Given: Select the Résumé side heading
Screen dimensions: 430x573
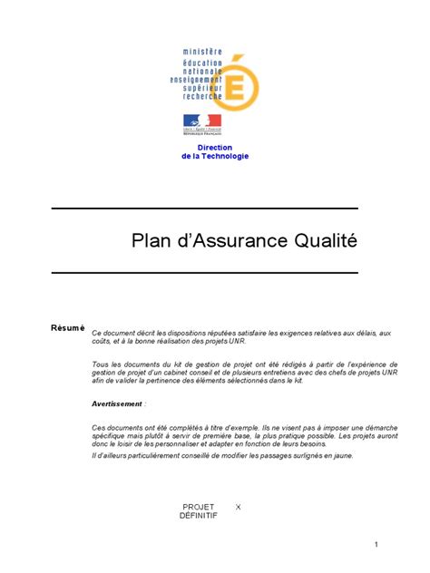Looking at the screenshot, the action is [68, 327].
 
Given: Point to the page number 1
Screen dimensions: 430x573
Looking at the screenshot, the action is [376, 544].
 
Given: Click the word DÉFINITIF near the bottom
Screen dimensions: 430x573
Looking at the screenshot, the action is [199, 515].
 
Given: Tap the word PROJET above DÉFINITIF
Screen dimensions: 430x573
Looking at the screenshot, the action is [199, 506].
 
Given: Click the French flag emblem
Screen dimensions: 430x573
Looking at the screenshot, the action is [202, 121].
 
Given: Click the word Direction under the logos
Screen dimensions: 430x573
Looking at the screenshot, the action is [215, 147].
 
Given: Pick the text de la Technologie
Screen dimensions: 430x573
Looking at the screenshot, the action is [215, 156].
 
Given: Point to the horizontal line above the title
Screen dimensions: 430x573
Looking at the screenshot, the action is [204, 209].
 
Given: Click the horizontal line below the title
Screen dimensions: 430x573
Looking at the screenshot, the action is [204, 272].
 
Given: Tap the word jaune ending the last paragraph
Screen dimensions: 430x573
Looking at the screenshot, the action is [342, 455].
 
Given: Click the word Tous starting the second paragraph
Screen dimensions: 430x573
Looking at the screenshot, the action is [101, 364].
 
